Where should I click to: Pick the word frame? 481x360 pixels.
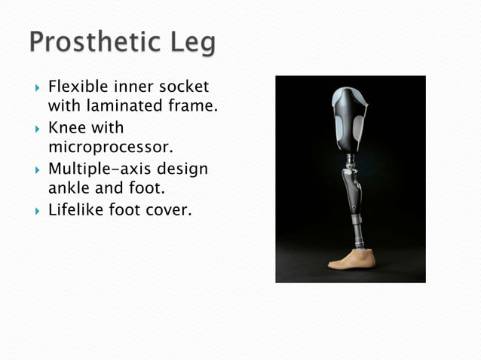196,106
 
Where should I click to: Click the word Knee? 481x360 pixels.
68,127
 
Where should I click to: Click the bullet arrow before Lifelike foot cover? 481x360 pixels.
35,210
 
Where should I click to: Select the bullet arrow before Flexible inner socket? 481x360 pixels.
35,88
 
